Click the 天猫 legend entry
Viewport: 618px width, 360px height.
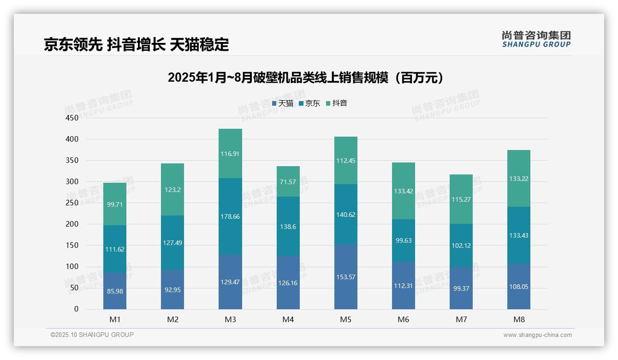pyautogui.click(x=283, y=103)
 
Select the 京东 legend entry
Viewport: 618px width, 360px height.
pyautogui.click(x=309, y=103)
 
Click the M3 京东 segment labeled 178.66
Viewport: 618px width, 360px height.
pyautogui.click(x=230, y=216)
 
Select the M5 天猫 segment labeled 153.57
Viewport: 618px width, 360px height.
pyautogui.click(x=345, y=277)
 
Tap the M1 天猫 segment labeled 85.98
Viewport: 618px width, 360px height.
pyautogui.click(x=114, y=291)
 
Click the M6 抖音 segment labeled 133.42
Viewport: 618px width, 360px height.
pyautogui.click(x=403, y=191)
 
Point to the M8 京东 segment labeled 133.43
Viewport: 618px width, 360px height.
pyautogui.click(x=518, y=235)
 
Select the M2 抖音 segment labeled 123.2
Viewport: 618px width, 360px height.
pyautogui.click(x=172, y=189)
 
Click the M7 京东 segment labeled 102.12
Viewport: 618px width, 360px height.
pyautogui.click(x=461, y=246)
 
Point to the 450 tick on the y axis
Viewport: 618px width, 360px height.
pyautogui.click(x=72, y=118)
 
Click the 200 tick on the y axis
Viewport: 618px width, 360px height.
pyautogui.click(x=72, y=224)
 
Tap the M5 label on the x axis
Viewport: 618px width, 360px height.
pyautogui.click(x=345, y=319)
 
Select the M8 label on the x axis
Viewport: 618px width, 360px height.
pyautogui.click(x=518, y=319)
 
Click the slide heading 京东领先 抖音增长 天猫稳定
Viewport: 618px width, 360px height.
pyautogui.click(x=136, y=45)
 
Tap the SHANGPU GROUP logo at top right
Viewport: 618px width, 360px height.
pyautogui.click(x=536, y=39)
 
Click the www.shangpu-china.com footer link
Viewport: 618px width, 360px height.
pyautogui.click(x=537, y=335)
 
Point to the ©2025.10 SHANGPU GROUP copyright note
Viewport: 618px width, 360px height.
pyautogui.click(x=92, y=335)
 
